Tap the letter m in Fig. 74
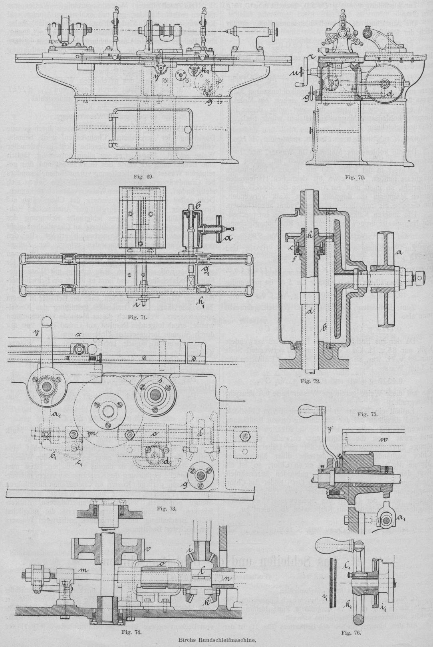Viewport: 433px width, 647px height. pyautogui.click(x=84, y=568)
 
